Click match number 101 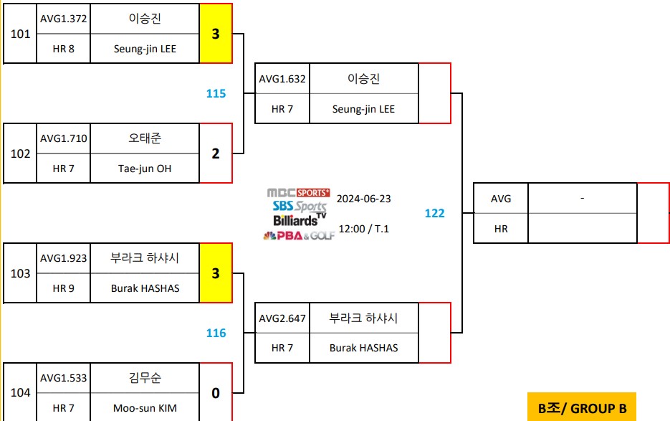tap(20, 34)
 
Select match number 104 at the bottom tap(20, 393)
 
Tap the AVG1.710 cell tap(64, 138)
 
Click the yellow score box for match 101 tap(216, 34)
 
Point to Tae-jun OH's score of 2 tap(216, 153)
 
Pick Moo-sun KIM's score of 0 tap(216, 393)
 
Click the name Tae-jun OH tap(145, 169)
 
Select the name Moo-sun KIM tap(145, 408)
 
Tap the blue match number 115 tap(216, 93)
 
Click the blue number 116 tap(216, 333)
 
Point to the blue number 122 tap(434, 213)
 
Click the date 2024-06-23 tap(363, 199)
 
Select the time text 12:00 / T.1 tap(363, 229)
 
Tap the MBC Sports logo tap(298, 192)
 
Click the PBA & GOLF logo tap(299, 235)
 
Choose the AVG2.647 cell tap(282, 318)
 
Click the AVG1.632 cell tap(282, 79)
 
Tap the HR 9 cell tap(64, 288)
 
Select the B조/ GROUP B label tap(582, 408)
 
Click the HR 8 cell tap(64, 49)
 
